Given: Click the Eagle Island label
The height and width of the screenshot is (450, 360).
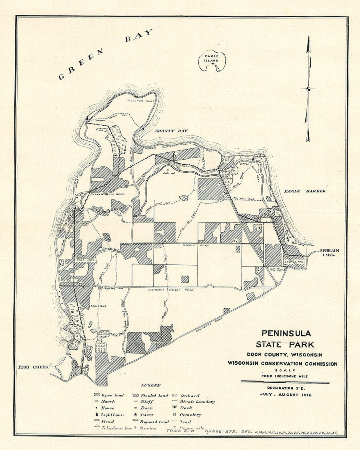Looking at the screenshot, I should [211, 58].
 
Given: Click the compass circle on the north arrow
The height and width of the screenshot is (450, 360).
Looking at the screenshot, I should [308, 89].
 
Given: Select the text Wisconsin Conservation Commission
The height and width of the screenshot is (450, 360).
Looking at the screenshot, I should [282, 364].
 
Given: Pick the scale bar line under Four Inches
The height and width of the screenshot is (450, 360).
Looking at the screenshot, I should [285, 382].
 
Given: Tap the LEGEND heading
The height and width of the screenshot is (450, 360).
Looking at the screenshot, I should [150, 385].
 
